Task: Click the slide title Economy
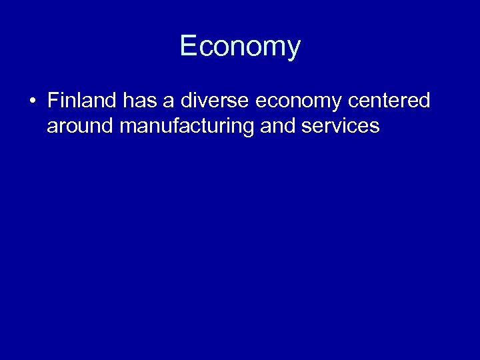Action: [x=240, y=46]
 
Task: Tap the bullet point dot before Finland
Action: [x=32, y=102]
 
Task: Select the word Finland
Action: [x=81, y=101]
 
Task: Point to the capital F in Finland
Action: [x=53, y=101]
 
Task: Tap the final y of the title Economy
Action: [x=294, y=48]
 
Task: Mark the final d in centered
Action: [x=425, y=101]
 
